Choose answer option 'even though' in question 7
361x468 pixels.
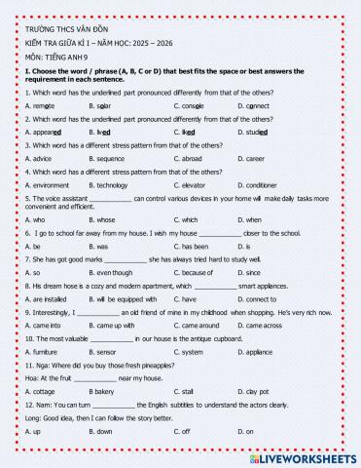coord(114,273)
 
